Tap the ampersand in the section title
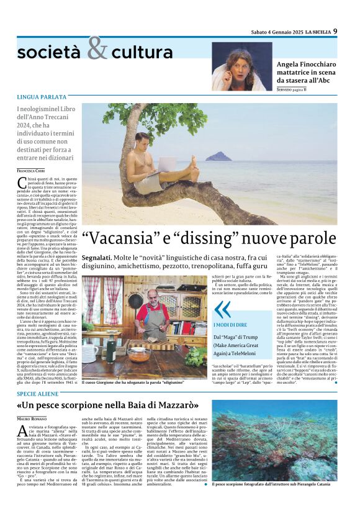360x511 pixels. pyautogui.click(x=97, y=48)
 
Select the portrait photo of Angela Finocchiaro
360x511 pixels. pyautogui.click(x=241, y=66)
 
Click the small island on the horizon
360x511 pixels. pyautogui.click(x=218, y=156)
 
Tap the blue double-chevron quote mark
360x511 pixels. pyautogui.click(x=222, y=309)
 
